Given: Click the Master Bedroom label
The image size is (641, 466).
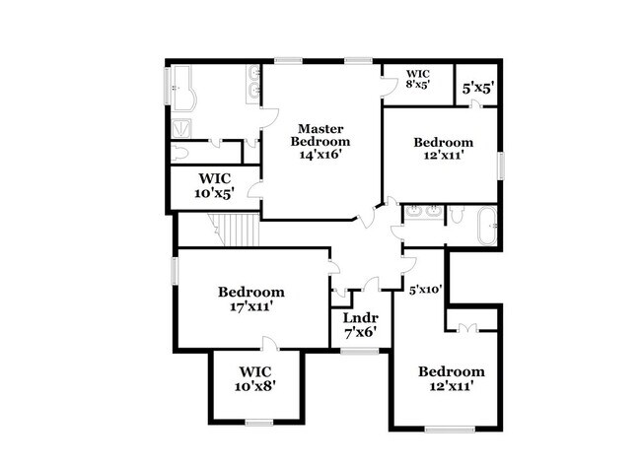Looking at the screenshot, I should tap(320, 135).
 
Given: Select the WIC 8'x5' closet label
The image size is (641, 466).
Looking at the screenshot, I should tap(417, 79).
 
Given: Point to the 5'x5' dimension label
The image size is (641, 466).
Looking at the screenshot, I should tap(478, 88).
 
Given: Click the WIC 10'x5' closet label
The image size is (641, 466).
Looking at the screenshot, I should tap(214, 185).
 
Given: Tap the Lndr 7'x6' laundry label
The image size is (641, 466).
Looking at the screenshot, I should tap(359, 326).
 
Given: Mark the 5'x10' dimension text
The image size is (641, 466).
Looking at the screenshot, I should tap(424, 290).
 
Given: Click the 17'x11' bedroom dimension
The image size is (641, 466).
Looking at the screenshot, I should tap(250, 307).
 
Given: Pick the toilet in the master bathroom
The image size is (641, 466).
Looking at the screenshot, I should tap(180, 154).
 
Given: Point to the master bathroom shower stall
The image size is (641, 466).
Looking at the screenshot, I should tap(182, 126).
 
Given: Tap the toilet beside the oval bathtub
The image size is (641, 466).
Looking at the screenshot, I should tap(457, 214).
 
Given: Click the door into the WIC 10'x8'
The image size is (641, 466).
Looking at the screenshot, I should tap(269, 344).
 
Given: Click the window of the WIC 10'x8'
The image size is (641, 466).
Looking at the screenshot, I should tap(258, 423).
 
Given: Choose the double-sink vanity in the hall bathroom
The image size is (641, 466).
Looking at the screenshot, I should tap(423, 211).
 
